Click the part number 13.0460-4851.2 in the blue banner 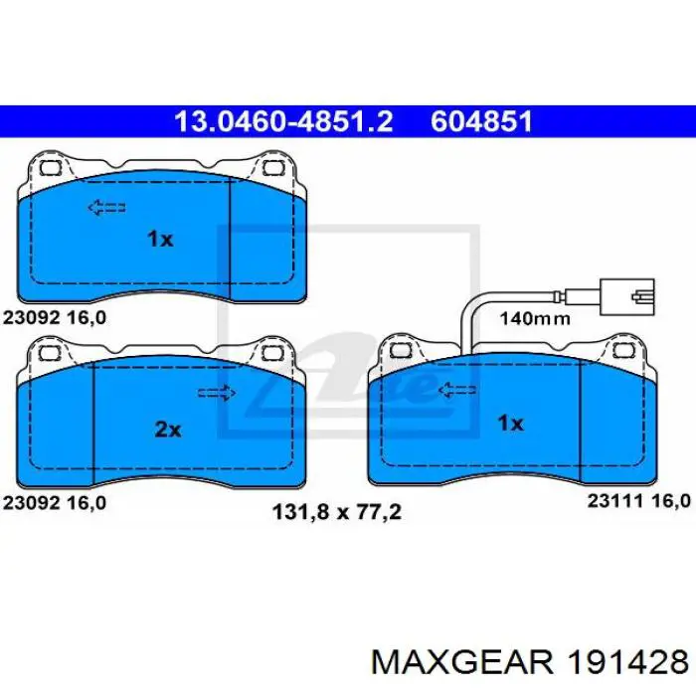[x=283, y=121]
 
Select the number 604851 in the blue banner [x=481, y=121]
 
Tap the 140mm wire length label [x=535, y=318]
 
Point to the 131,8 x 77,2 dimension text [x=337, y=512]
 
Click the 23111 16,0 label [x=639, y=501]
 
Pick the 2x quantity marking [x=168, y=430]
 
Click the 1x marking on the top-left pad [x=160, y=240]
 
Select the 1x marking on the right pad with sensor [x=511, y=423]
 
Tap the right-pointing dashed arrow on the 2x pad [x=217, y=393]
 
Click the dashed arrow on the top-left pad [x=106, y=207]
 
